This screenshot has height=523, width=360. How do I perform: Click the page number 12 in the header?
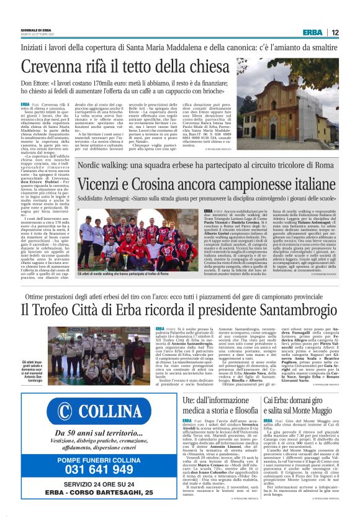pyautogui.click(x=335, y=33)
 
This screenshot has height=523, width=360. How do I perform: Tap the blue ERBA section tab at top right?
pyautogui.click(x=313, y=33)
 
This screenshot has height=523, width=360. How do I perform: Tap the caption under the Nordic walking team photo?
pyautogui.click(x=122, y=273)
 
